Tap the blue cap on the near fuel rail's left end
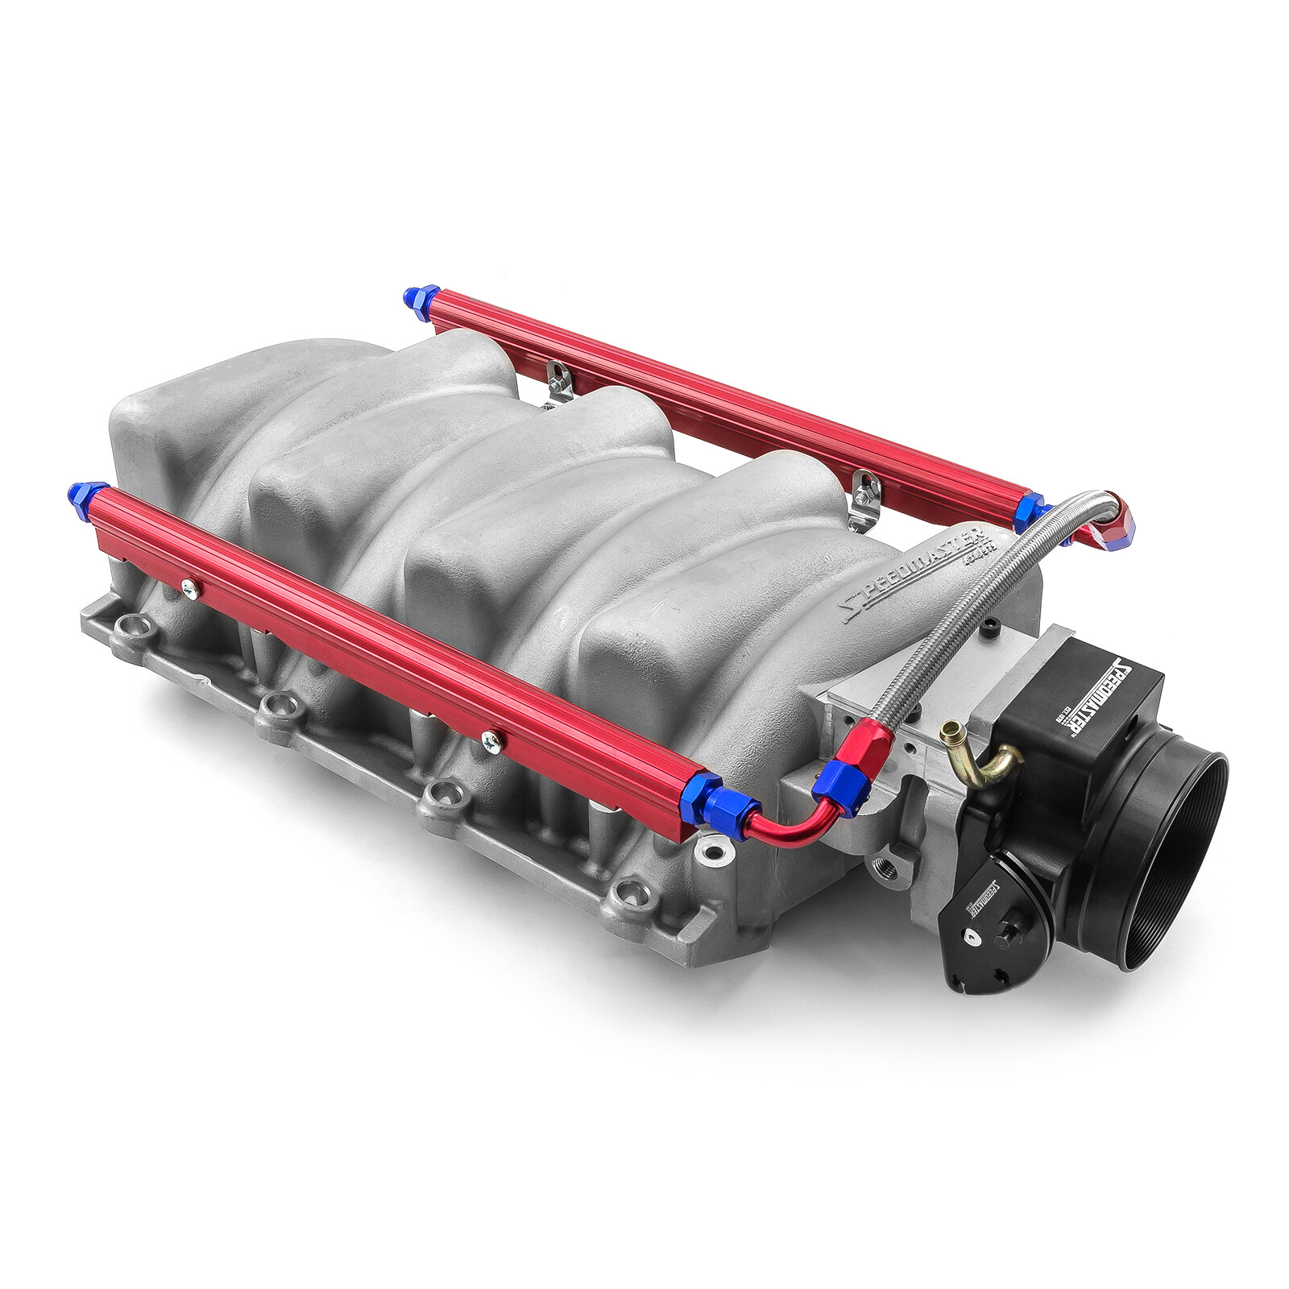84,494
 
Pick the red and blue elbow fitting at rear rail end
1116,528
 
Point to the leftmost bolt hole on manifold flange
130,628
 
